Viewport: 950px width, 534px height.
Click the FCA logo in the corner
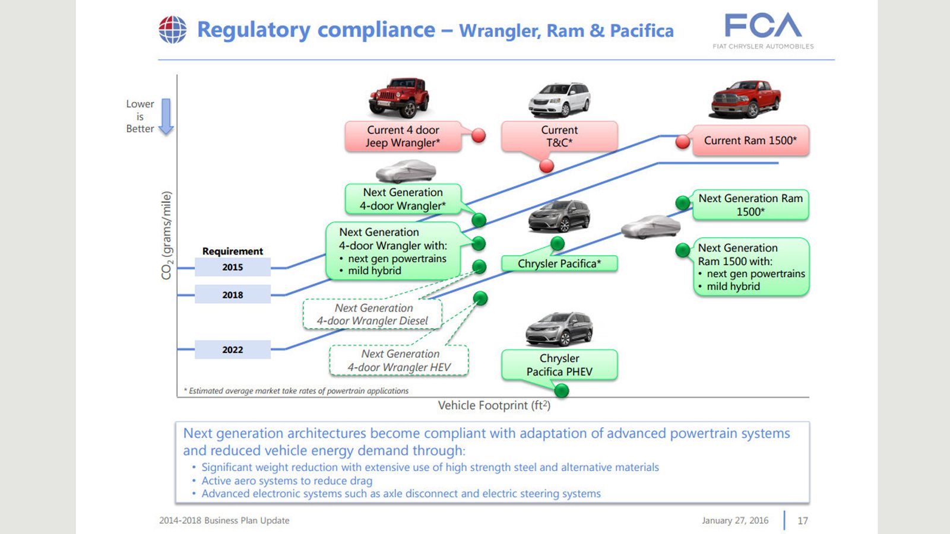point(763,30)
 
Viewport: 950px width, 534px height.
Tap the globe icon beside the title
point(173,30)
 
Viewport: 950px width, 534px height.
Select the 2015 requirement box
point(232,267)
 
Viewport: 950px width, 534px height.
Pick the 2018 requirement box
point(232,294)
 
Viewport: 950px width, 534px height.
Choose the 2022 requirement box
point(232,349)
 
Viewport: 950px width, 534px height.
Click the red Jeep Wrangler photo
point(398,97)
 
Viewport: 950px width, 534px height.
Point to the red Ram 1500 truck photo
point(745,99)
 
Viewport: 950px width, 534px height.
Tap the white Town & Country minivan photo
point(559,100)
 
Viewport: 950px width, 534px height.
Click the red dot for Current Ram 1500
point(683,142)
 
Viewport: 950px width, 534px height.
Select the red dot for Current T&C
point(547,166)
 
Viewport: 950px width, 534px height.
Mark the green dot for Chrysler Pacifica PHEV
point(562,390)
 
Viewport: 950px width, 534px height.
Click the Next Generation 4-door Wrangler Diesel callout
point(372,314)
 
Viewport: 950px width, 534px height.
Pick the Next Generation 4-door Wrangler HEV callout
point(399,360)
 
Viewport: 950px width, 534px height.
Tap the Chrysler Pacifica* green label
point(559,263)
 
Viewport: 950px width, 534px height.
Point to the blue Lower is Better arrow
point(166,116)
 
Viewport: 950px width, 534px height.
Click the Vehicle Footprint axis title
point(494,406)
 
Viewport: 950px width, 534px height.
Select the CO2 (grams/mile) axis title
point(166,236)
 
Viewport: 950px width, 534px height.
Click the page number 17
point(802,520)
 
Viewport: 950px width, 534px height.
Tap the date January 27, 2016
point(735,520)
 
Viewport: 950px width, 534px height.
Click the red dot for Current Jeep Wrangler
point(479,135)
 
